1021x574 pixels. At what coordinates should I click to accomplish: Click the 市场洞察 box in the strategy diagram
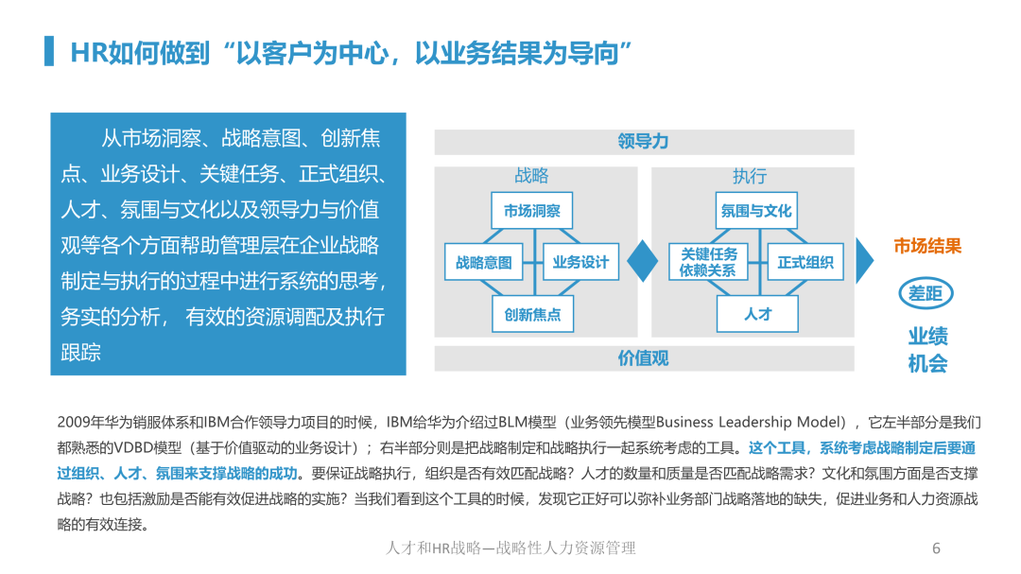tap(532, 211)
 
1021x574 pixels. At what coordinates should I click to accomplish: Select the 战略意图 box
tap(484, 262)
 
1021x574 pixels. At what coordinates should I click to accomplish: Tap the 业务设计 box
tap(580, 262)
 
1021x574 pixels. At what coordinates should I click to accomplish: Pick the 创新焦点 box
tap(532, 314)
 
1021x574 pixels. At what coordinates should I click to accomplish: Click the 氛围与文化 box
tap(756, 211)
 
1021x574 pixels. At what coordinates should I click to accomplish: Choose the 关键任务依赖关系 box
tap(708, 262)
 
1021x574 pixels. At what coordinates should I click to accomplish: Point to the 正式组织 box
tap(805, 262)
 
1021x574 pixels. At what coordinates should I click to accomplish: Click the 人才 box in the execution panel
tap(757, 314)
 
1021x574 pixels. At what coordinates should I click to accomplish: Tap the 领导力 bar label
tap(644, 142)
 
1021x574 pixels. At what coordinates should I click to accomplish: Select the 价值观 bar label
tap(644, 357)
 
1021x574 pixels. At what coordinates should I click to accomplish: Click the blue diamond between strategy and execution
tap(643, 261)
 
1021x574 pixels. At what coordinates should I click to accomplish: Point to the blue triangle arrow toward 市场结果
tap(864, 261)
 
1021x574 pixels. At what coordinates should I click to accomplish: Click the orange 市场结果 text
tap(927, 246)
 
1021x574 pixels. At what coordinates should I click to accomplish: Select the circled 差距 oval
tap(926, 293)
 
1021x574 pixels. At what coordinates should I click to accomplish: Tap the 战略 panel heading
tap(531, 175)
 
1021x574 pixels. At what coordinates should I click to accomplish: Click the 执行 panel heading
tap(750, 176)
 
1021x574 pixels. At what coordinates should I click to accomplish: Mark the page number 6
tap(936, 548)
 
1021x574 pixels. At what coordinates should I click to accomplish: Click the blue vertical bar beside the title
tap(49, 51)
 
